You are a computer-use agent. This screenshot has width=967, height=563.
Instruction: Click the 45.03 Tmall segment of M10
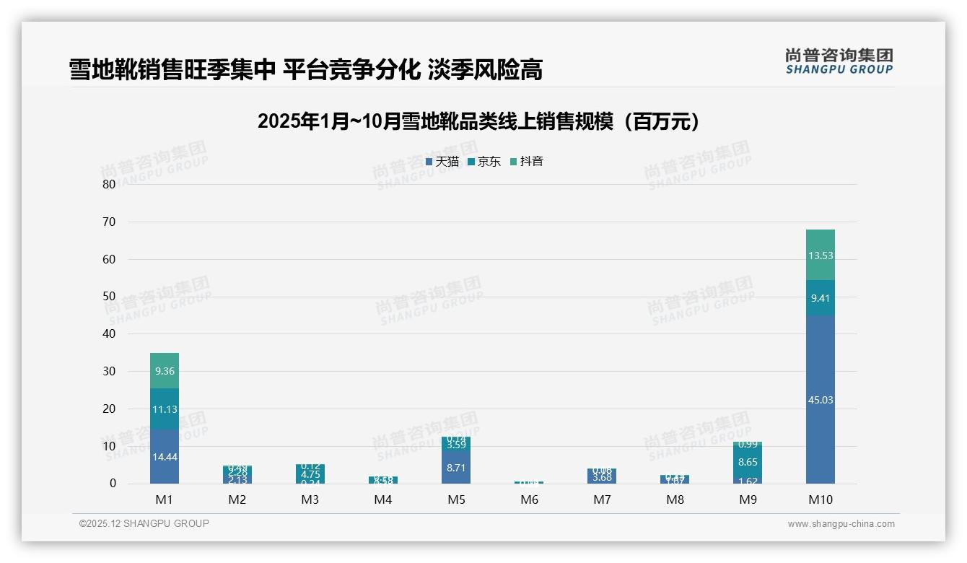pos(820,399)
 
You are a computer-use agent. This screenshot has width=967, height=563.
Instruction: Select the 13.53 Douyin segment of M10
pos(820,255)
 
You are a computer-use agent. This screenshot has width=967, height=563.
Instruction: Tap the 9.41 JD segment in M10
pos(820,297)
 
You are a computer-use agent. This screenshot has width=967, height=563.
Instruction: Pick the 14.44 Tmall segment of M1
pos(165,457)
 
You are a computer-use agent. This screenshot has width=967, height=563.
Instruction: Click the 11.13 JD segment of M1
pos(165,409)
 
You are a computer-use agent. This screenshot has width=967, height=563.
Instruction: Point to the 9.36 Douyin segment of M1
pos(165,371)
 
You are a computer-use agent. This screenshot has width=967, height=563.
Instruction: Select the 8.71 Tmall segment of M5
pos(456,467)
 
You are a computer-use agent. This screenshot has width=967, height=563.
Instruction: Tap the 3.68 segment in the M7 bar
pos(602,477)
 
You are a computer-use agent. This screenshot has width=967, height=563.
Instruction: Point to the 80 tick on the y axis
pos(109,184)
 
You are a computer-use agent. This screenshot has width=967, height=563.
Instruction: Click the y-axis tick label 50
pos(109,297)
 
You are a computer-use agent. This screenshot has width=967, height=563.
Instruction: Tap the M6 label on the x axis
pos(529,499)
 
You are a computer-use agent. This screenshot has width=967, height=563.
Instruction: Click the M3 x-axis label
pos(310,499)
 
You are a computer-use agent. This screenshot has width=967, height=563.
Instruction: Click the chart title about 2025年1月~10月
pos(479,121)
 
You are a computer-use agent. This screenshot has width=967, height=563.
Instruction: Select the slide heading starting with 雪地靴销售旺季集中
pos(305,70)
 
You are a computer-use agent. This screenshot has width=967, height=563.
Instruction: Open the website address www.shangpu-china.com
pos(841,524)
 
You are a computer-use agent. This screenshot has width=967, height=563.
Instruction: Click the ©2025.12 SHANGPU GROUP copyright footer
pos(144,523)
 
